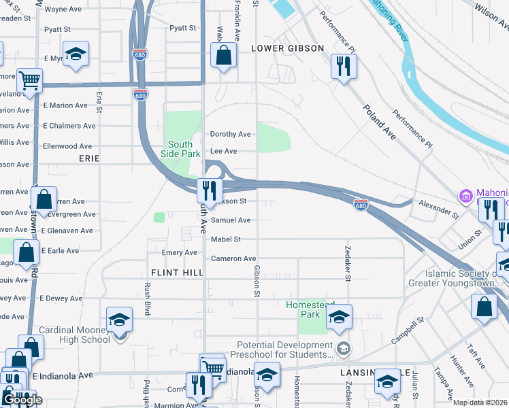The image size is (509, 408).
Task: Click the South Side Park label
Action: (180, 149)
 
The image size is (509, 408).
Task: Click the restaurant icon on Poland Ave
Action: (342, 67)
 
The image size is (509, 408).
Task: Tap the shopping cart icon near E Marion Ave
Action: (30, 81)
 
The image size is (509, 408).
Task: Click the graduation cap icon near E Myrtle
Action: (76, 53)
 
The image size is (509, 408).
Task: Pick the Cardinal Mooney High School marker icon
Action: (119, 319)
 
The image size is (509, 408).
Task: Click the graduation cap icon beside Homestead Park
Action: (339, 317)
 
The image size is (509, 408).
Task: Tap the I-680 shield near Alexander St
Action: (361, 205)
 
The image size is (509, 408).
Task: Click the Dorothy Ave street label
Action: (230, 134)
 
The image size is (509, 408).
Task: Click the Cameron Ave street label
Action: (233, 258)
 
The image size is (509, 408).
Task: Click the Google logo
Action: (22, 400)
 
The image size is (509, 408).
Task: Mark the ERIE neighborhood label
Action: (88, 158)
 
